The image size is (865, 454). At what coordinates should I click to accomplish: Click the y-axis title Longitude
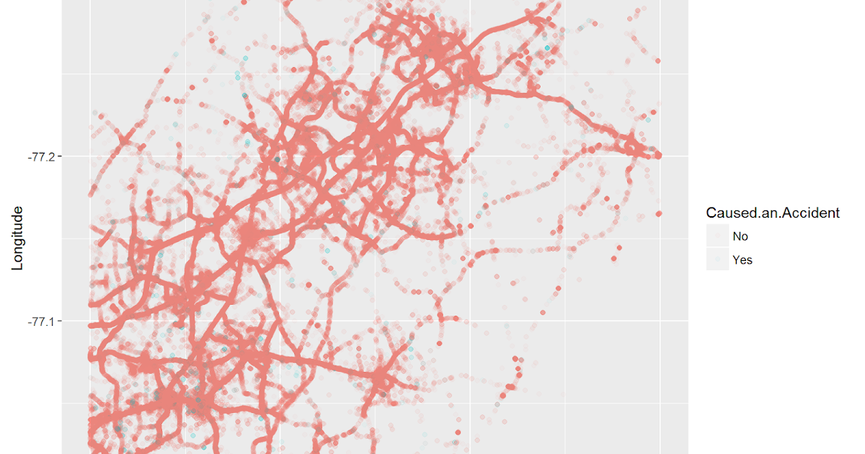(18, 239)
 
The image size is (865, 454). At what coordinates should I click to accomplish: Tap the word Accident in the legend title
(815, 213)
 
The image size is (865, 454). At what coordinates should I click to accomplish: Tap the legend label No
(740, 236)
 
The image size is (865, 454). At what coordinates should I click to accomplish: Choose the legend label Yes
(742, 260)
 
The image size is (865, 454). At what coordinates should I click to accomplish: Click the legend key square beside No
(718, 236)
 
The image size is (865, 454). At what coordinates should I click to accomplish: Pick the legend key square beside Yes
(718, 259)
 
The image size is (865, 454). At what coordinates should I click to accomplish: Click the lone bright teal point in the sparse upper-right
(547, 48)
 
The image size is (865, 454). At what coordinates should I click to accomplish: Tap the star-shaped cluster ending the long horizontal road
(380, 376)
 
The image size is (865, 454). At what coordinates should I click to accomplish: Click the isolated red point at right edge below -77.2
(659, 213)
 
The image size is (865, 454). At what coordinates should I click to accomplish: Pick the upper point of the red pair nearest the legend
(620, 248)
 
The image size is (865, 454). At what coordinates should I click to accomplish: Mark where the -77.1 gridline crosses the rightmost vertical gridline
(660, 321)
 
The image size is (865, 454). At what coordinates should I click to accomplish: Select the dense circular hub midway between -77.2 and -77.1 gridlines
(249, 234)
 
